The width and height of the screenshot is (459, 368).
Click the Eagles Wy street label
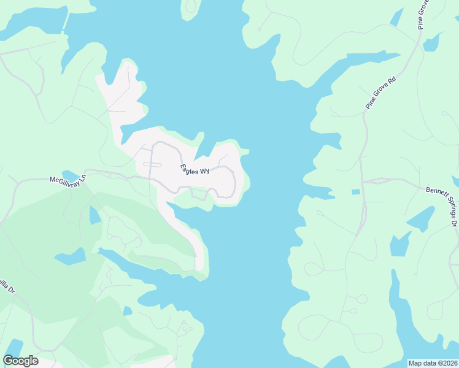tap(195, 169)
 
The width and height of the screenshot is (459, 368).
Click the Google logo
tap(21, 361)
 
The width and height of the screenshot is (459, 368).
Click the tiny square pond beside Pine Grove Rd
tap(356, 192)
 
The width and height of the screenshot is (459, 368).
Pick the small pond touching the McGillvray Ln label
tap(71, 175)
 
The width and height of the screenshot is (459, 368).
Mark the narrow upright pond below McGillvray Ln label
tap(95, 215)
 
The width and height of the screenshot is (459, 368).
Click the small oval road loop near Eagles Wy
tap(152, 164)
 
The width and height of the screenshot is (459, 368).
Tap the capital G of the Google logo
tap(9, 361)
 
